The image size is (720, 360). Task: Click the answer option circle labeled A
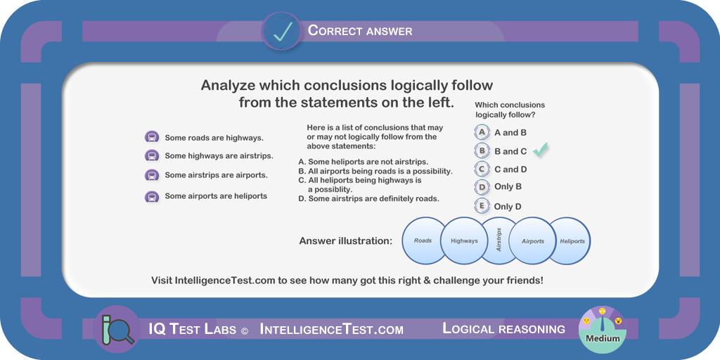tap(482, 133)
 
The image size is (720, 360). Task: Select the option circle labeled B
tap(482, 150)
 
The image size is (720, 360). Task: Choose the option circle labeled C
tap(482, 169)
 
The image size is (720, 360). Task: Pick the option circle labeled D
tap(482, 187)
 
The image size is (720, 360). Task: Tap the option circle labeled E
tap(482, 206)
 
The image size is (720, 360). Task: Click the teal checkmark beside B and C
tap(541, 150)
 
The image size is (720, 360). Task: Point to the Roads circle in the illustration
tap(423, 240)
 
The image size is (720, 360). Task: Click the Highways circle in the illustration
tap(464, 240)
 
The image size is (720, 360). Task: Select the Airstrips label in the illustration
tap(499, 240)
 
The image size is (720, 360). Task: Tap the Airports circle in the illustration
tap(533, 240)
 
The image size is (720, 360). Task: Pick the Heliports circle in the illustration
tap(570, 240)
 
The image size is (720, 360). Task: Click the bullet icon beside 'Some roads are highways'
tap(152, 137)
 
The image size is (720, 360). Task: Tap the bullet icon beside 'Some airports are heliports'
tap(152, 197)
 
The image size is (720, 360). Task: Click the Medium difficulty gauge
tap(602, 329)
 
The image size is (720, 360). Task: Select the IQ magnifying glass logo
tap(117, 329)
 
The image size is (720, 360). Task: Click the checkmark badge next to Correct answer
tap(282, 31)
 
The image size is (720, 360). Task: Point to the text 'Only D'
tap(508, 207)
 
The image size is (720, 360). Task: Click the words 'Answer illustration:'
tap(346, 241)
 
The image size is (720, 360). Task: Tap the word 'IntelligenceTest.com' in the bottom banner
tap(332, 329)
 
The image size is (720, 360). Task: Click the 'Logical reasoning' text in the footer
tap(503, 329)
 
